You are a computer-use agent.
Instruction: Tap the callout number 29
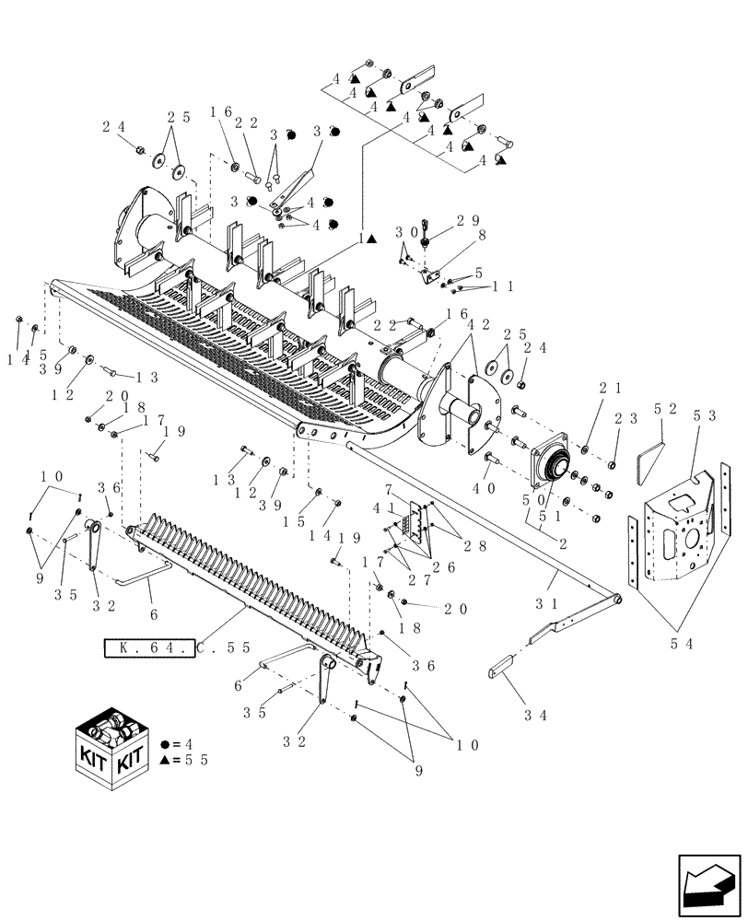pyautogui.click(x=467, y=222)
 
